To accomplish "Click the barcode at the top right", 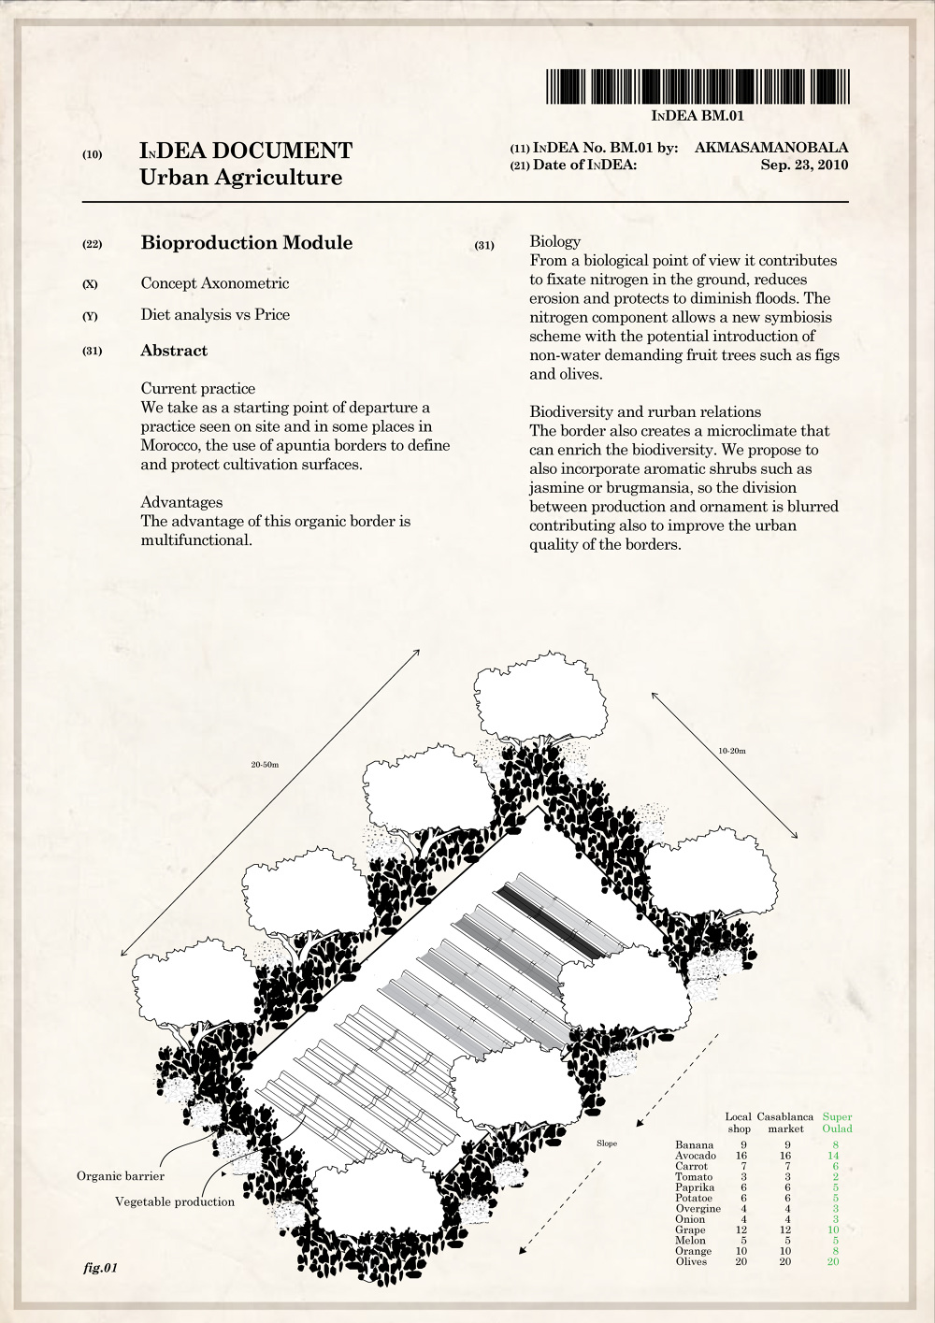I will coord(698,86).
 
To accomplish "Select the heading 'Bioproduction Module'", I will coord(247,243).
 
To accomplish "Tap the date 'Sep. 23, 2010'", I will coord(804,165).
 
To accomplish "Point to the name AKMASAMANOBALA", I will coord(771,147).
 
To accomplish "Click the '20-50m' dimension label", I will coord(265,765).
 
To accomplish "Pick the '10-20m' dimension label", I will coord(731,751).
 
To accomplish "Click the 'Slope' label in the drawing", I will coord(607,1143).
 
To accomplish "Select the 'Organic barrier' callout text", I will coord(121,1176).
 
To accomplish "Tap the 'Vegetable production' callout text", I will coord(175,1201).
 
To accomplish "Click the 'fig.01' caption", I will coord(100,1269).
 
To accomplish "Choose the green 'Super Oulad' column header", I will coord(837,1122).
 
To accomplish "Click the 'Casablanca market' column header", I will coord(785,1122).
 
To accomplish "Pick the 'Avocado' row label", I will coord(696,1156).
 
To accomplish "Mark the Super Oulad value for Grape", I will coord(833,1230).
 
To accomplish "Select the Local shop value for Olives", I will coord(741,1261).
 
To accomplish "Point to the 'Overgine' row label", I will coord(698,1208).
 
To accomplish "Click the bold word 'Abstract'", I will coord(174,351).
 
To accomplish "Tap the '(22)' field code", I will coord(92,245).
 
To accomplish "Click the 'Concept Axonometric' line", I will coord(215,283).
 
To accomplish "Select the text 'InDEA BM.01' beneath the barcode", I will coord(698,116).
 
